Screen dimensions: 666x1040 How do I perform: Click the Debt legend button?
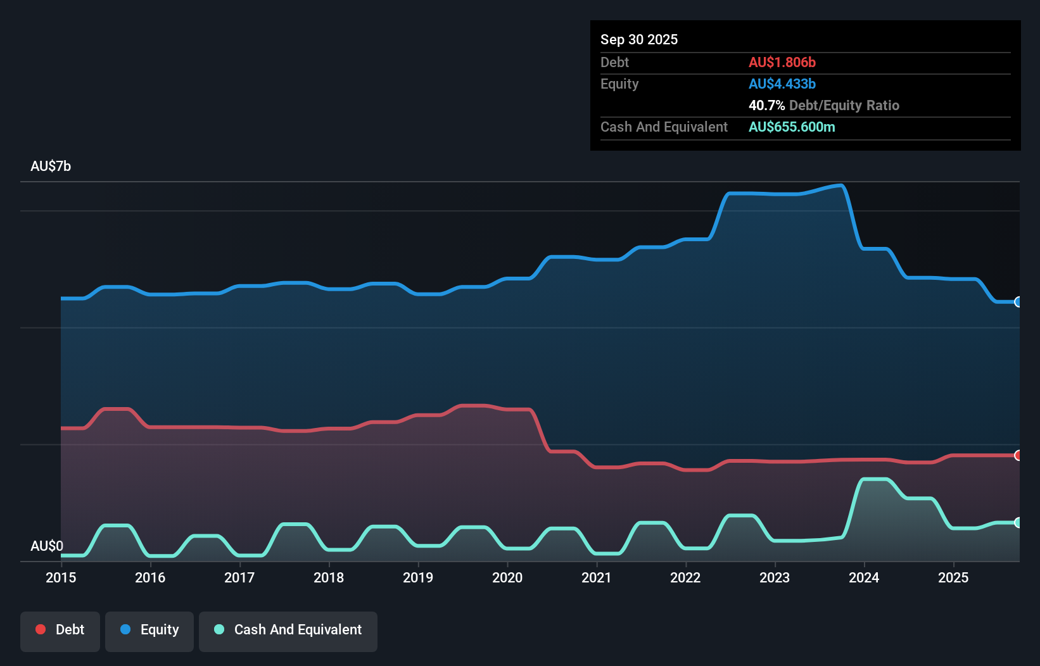60,630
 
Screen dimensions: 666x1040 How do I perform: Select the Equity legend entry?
149,630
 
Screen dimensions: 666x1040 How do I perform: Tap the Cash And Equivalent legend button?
288,630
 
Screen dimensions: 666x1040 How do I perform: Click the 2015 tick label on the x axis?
61,577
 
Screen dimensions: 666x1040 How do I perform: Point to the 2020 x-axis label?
507,577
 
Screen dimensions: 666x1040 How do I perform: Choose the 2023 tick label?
775,577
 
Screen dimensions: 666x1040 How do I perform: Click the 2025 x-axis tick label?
953,577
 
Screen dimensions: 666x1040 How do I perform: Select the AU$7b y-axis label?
51,166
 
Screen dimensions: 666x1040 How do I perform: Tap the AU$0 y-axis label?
47,546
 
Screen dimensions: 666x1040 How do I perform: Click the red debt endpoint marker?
1018,455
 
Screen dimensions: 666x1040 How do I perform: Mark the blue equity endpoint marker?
1018,302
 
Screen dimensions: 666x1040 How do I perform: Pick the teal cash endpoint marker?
1018,522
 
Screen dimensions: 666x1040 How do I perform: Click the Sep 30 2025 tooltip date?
638,39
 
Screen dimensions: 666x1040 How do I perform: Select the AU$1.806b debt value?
782,62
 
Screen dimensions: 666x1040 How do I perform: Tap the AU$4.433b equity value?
782,84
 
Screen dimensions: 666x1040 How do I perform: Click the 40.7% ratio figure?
766,105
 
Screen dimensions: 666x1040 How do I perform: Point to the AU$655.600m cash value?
792,127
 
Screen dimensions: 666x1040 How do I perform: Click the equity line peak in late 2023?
840,185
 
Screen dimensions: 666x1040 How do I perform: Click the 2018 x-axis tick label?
329,577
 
